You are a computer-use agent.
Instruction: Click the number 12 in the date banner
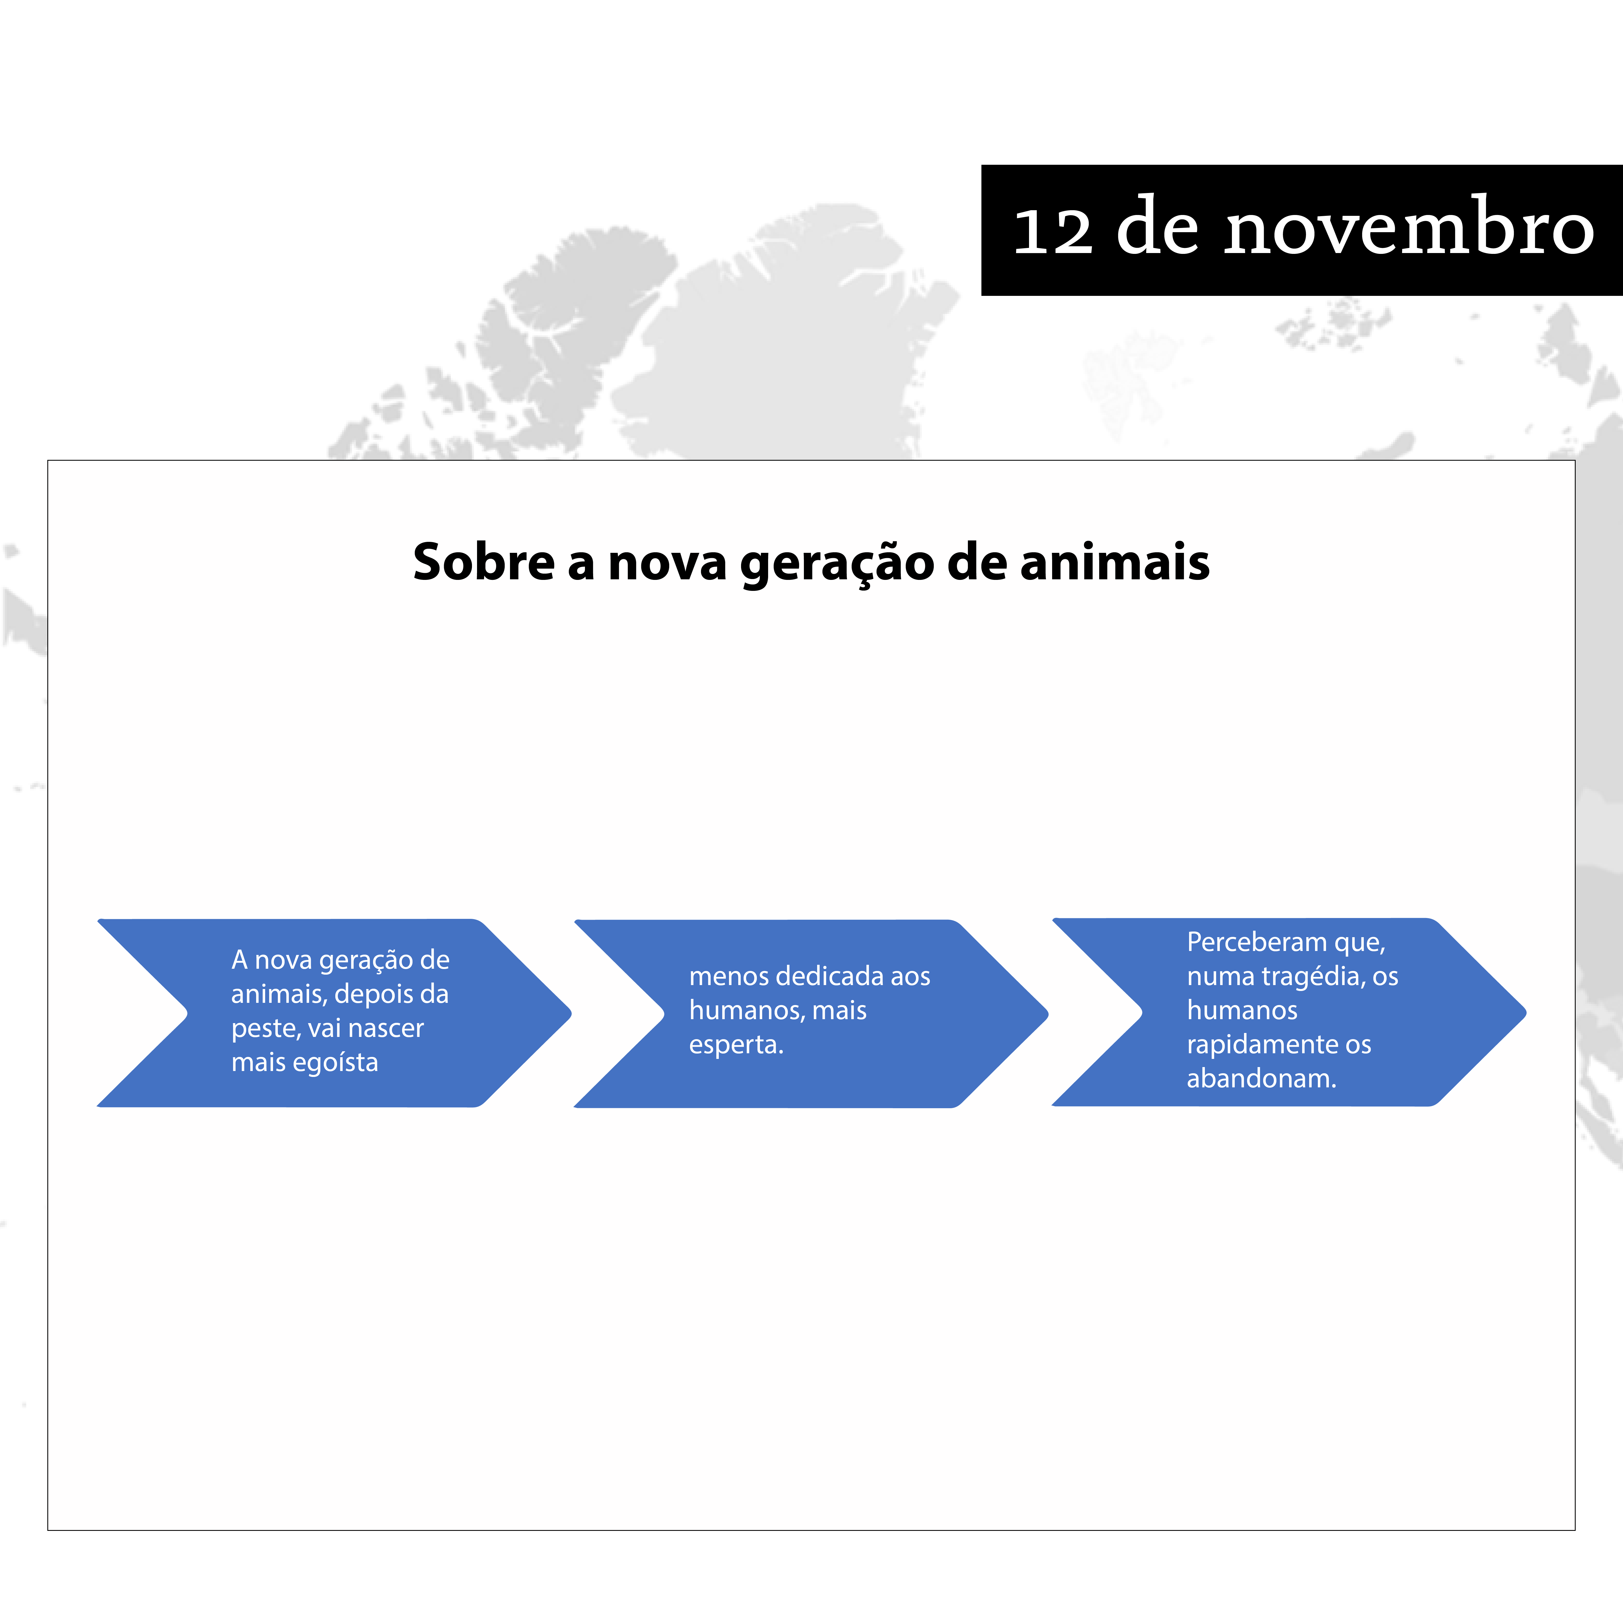[1053, 231]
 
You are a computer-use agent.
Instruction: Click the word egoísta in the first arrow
[336, 1063]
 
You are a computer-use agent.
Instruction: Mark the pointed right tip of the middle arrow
[1048, 1014]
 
